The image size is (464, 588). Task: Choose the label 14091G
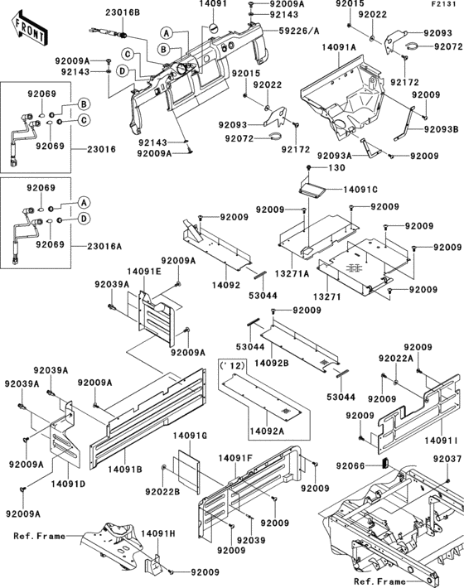point(190,435)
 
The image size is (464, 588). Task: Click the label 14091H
point(157,534)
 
